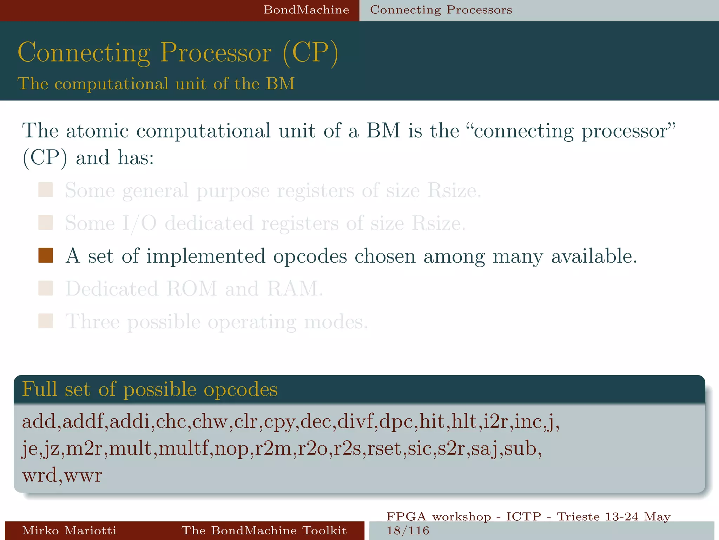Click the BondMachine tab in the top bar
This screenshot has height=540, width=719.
click(306, 10)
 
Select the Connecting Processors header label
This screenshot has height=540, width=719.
click(441, 10)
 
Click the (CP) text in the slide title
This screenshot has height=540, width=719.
click(310, 53)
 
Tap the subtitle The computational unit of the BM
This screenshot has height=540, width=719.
click(156, 84)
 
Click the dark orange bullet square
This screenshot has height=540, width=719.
click(46, 256)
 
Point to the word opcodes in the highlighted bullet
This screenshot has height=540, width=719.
click(310, 256)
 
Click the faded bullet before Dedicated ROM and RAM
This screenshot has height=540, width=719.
click(46, 288)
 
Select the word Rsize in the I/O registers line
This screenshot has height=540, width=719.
click(438, 223)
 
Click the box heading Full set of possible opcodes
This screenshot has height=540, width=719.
click(150, 390)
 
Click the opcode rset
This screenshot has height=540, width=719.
click(385, 449)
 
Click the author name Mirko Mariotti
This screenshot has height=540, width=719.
click(69, 530)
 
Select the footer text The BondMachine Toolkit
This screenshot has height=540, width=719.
click(264, 530)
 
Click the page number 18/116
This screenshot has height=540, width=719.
click(408, 531)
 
